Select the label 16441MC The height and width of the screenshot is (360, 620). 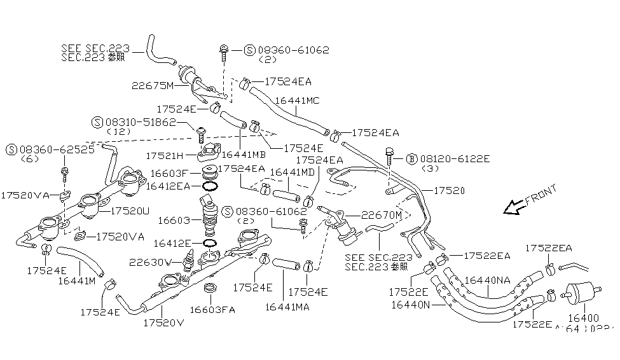[x=297, y=100]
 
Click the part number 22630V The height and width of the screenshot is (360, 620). [x=151, y=262]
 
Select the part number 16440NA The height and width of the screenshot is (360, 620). [x=487, y=280]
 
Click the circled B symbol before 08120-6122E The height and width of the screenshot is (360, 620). [x=411, y=158]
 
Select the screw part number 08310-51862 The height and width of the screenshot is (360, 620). [x=141, y=121]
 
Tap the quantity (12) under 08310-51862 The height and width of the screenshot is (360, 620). [x=118, y=131]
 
